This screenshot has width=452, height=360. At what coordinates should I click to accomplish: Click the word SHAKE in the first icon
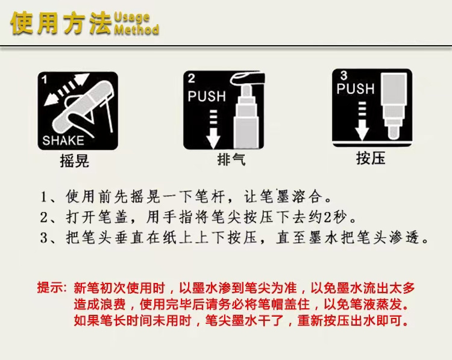click(x=63, y=140)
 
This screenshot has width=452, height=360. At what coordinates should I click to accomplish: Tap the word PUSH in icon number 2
click(x=207, y=96)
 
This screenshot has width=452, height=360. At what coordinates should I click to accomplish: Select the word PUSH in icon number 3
click(x=356, y=88)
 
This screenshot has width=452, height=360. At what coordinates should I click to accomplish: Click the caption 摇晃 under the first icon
click(x=75, y=161)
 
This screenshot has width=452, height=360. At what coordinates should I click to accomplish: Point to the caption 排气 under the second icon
click(x=231, y=160)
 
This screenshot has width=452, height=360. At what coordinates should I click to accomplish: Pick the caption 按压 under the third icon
click(x=371, y=158)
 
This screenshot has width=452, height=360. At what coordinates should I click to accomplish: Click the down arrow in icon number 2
click(x=213, y=129)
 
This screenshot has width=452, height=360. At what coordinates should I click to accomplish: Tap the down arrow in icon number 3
click(x=362, y=121)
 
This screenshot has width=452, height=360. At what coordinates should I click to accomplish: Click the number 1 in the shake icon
click(x=44, y=80)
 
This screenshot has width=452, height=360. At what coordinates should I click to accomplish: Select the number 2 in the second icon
click(x=192, y=79)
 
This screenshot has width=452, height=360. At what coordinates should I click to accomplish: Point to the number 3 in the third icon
click(x=344, y=75)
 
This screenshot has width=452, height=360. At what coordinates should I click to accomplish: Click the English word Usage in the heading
click(x=132, y=17)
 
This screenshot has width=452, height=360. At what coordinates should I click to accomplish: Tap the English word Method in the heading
click(x=137, y=29)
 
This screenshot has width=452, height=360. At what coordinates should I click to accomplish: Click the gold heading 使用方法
click(x=61, y=23)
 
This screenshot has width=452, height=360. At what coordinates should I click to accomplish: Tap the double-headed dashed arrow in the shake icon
click(x=67, y=88)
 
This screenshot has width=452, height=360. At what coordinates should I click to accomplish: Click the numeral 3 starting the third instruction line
click(x=43, y=238)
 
